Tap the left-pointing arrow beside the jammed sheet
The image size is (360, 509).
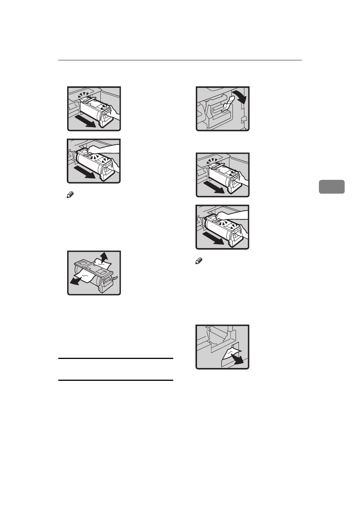(75, 281)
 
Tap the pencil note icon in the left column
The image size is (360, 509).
(70, 195)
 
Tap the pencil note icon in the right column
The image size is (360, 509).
(198, 261)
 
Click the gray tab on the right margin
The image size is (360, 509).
(331, 187)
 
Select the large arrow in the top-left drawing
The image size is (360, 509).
(85, 122)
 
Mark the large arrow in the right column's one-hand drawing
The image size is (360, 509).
(214, 188)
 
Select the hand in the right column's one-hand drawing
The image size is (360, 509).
(243, 178)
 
